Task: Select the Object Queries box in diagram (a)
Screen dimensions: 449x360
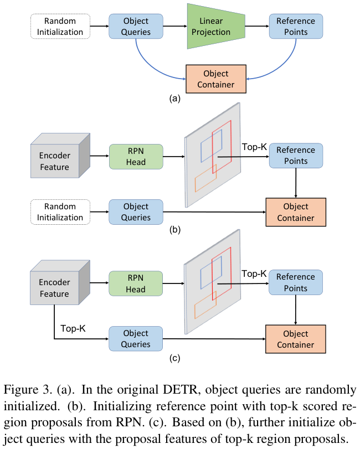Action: click(136, 27)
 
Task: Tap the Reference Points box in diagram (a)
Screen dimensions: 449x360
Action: click(296, 27)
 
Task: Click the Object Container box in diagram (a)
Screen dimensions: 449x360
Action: click(215, 79)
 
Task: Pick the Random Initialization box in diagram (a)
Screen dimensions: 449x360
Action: click(60, 27)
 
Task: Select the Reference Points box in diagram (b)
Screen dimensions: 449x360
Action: click(296, 156)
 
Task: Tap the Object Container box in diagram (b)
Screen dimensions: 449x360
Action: click(296, 212)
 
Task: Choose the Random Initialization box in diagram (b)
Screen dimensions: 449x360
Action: click(60, 212)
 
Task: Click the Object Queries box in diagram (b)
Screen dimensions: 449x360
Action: click(136, 212)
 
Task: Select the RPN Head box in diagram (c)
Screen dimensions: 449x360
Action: click(136, 283)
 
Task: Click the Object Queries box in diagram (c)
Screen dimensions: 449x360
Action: click(136, 339)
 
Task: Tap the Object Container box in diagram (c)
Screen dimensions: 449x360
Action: click(296, 339)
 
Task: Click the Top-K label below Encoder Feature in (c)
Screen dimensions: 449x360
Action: click(73, 328)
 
